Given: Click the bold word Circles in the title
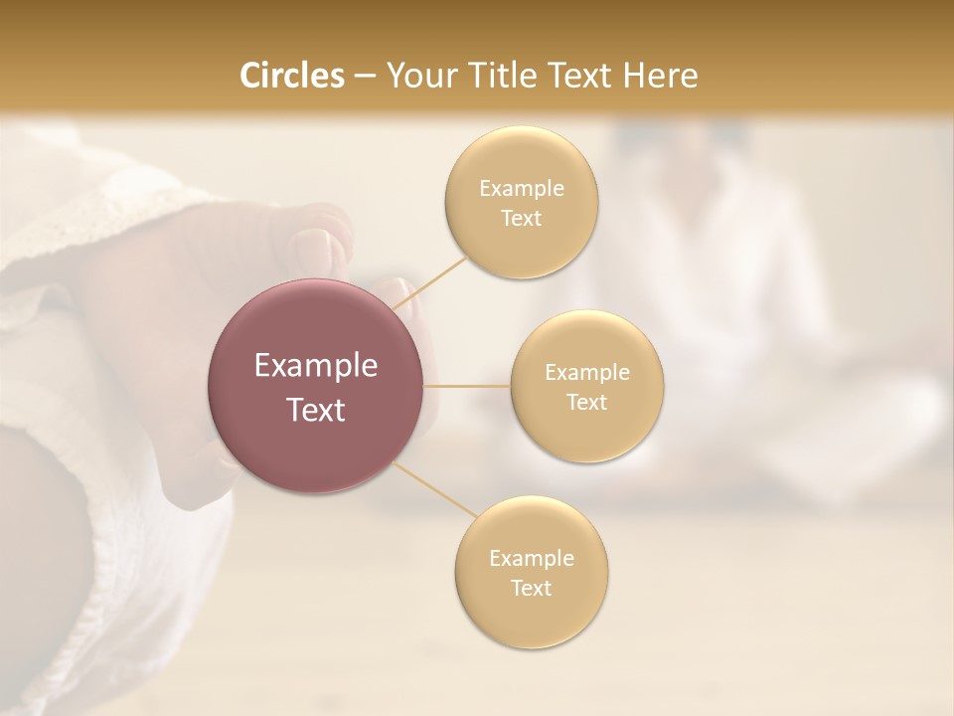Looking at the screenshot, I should (291, 76).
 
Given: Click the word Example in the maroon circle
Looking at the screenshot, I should (316, 366).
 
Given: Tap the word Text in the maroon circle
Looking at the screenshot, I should (316, 410).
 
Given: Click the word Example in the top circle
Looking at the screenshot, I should (522, 189).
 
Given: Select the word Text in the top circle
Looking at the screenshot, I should (522, 218).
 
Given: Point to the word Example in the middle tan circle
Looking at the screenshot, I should (587, 373).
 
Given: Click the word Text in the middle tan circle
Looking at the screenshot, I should (587, 402).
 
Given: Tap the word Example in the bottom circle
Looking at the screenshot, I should (532, 559).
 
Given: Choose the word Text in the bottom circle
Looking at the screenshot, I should (532, 588).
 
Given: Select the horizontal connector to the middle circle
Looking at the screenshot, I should (467, 386).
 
